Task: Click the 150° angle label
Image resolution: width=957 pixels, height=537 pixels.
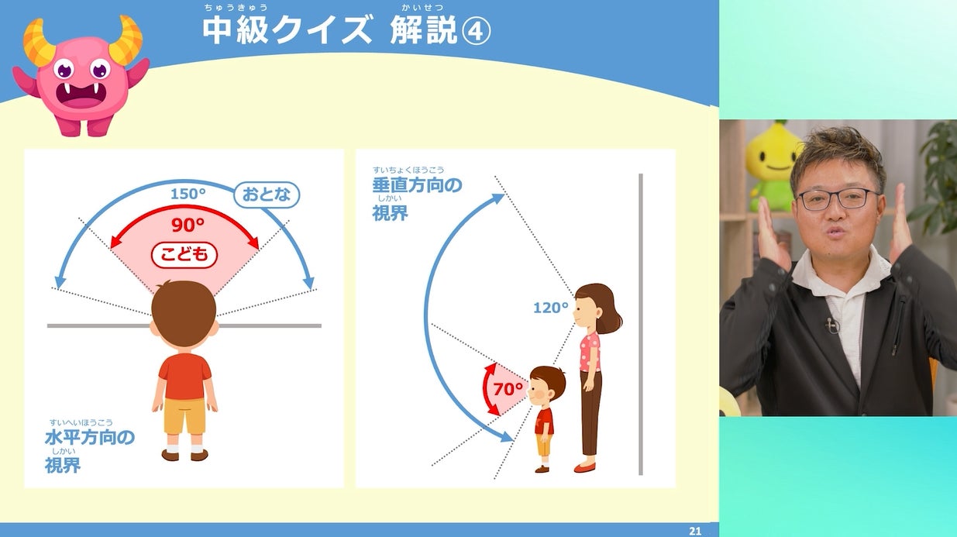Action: (x=188, y=194)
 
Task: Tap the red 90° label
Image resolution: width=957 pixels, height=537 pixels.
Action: (x=188, y=225)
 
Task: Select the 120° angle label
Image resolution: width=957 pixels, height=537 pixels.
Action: (x=551, y=308)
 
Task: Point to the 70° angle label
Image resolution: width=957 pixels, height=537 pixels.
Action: (x=508, y=389)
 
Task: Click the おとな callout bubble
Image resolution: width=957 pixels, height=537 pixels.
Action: (x=267, y=194)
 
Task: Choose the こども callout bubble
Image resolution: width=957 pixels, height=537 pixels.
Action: (x=184, y=255)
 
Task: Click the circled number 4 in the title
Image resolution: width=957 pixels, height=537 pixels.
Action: (x=476, y=31)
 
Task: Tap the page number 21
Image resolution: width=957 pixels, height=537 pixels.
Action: (x=695, y=531)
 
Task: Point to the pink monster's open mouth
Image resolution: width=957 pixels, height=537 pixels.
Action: (x=81, y=95)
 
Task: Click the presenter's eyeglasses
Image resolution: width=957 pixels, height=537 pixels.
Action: (x=838, y=199)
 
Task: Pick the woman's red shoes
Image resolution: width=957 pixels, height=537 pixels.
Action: (x=584, y=467)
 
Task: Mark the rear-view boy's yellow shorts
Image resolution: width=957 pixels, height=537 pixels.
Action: (x=184, y=415)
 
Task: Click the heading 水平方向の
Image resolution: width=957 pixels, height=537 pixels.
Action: (x=90, y=437)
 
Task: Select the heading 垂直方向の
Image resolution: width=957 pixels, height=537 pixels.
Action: (x=417, y=185)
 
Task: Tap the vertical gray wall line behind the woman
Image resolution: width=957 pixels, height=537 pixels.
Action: (x=640, y=324)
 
